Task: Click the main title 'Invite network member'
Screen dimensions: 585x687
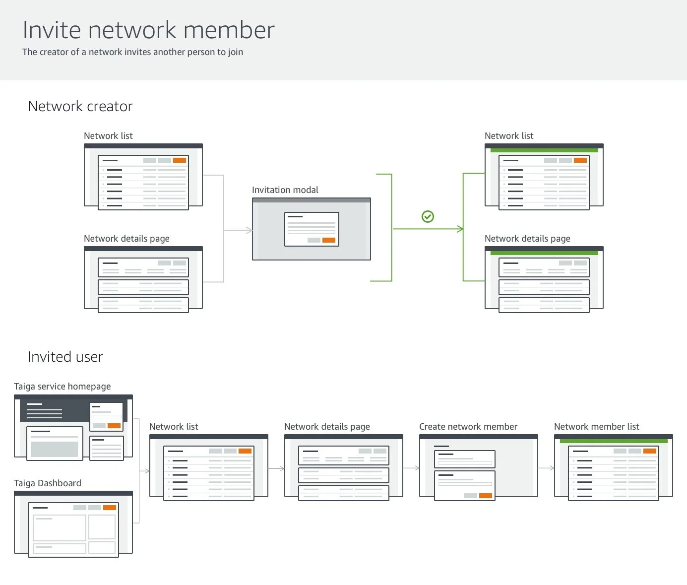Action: click(148, 30)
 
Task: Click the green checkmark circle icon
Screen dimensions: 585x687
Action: click(428, 216)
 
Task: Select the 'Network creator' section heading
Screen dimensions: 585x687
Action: click(80, 106)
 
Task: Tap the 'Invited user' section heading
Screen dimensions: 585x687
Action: click(65, 357)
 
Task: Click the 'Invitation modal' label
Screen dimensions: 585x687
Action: click(285, 190)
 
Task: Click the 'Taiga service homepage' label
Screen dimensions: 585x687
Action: click(62, 387)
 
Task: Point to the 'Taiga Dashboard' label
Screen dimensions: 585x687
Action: click(48, 483)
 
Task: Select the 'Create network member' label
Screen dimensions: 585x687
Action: click(468, 427)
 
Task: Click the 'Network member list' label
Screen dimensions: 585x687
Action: click(597, 427)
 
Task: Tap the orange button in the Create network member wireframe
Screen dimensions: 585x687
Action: click(486, 496)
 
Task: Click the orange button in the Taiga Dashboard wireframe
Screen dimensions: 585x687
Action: click(110, 508)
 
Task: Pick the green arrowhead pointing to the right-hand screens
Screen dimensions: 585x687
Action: click(461, 229)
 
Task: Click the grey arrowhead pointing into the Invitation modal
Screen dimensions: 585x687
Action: click(250, 230)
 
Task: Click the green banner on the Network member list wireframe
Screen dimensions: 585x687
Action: click(614, 441)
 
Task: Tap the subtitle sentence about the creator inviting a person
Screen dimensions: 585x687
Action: click(133, 52)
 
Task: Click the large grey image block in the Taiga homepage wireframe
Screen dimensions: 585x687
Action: click(54, 449)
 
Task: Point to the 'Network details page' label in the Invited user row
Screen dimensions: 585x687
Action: click(327, 427)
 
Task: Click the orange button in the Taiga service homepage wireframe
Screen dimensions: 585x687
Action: click(114, 426)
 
